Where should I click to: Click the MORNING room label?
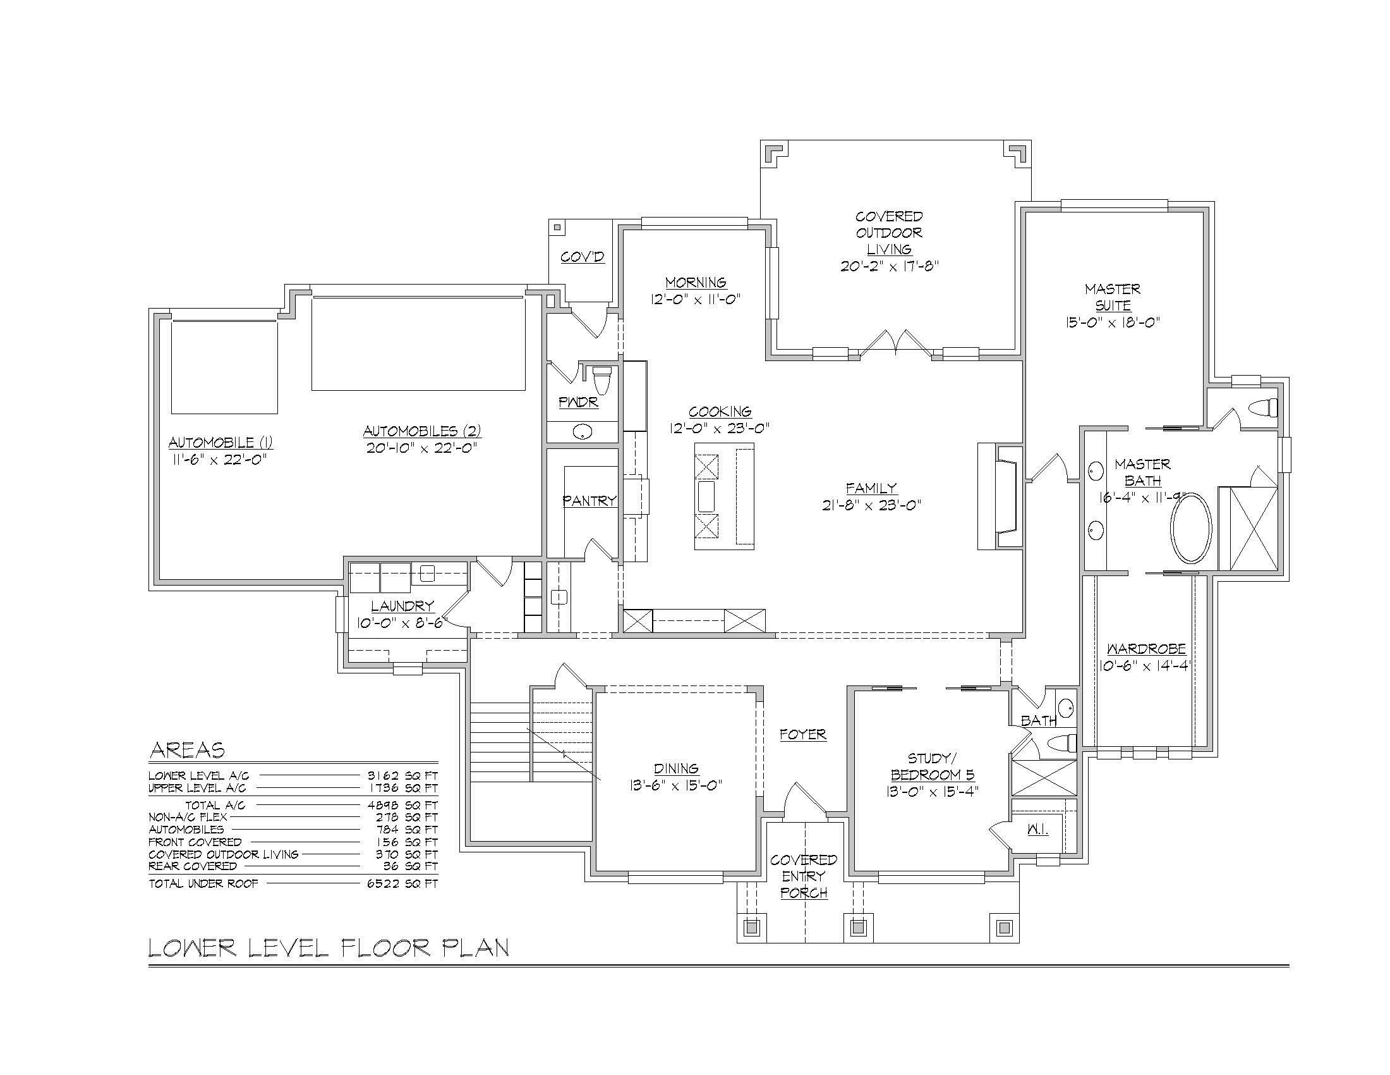pyautogui.click(x=696, y=282)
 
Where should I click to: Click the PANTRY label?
pyautogui.click(x=589, y=501)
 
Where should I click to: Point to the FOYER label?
pyautogui.click(x=803, y=734)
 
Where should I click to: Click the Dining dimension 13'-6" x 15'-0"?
pyautogui.click(x=676, y=785)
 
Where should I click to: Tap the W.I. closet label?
pyautogui.click(x=1037, y=830)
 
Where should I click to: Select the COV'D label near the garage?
pyautogui.click(x=583, y=257)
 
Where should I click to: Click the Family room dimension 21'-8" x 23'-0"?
pyautogui.click(x=872, y=505)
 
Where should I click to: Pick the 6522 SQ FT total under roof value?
pyautogui.click(x=403, y=884)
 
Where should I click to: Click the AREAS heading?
pyautogui.click(x=187, y=750)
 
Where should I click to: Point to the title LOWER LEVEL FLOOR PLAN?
pyautogui.click(x=329, y=948)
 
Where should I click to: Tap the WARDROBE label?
pyautogui.click(x=1146, y=649)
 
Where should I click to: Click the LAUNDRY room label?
pyautogui.click(x=402, y=606)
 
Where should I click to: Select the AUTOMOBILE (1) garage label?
pyautogui.click(x=221, y=443)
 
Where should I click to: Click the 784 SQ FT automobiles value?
pyautogui.click(x=403, y=830)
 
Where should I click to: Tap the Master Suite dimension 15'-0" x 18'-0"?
pyautogui.click(x=1113, y=322)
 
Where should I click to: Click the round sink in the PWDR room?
pyautogui.click(x=583, y=432)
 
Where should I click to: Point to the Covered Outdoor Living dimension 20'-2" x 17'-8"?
pyautogui.click(x=890, y=266)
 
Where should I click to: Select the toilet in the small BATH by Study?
pyautogui.click(x=1061, y=742)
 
